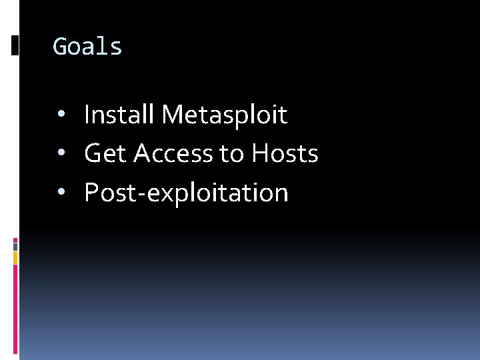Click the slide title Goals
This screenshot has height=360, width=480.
point(87,47)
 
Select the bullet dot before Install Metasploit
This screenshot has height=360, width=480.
point(61,115)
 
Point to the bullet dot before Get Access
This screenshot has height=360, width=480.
point(61,154)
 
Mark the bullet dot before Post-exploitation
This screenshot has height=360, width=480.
point(61,193)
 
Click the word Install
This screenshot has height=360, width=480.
point(119,115)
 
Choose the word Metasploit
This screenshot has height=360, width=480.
point(224,115)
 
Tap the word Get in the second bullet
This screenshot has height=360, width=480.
point(105,154)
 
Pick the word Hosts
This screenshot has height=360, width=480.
point(285,154)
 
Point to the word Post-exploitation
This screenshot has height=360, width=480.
point(186,193)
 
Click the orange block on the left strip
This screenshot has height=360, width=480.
point(15,257)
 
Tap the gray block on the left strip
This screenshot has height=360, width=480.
point(15,246)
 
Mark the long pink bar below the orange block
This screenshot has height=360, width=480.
point(15,307)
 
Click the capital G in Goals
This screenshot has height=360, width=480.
point(59,47)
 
